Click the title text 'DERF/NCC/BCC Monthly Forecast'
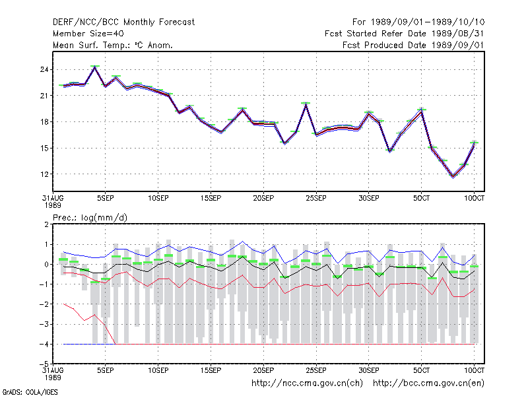123,22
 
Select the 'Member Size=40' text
88,34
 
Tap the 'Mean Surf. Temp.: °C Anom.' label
112,45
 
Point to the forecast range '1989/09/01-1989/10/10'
428,22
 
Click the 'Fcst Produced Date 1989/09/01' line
413,45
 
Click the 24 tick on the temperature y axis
44,70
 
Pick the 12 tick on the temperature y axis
44,174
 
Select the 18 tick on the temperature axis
44,122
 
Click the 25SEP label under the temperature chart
316,198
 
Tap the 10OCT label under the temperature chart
474,198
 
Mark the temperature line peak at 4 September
95,67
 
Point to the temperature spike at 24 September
306,104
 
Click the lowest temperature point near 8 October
453,176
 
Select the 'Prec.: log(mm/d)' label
90,218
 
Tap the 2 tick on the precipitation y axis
46,224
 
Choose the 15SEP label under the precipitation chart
211,370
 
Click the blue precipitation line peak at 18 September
242,242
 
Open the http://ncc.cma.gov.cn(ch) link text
307,383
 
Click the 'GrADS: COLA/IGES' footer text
30,392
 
